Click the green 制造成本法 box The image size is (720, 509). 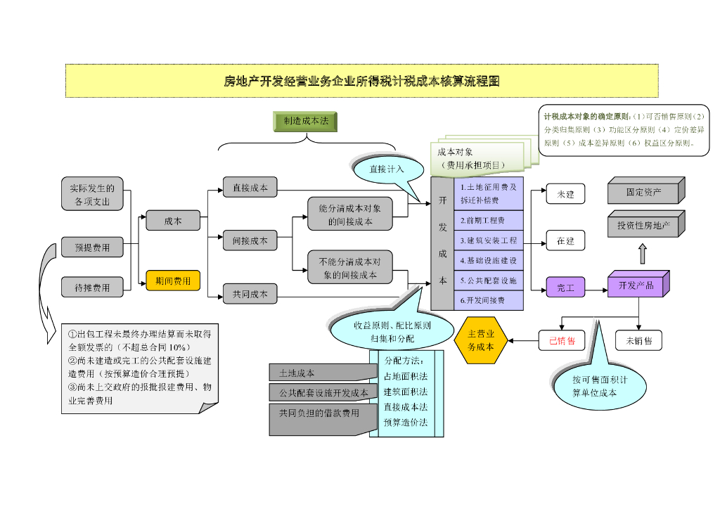click(x=305, y=122)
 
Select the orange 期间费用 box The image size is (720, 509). click(x=172, y=281)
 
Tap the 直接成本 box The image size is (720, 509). click(x=250, y=188)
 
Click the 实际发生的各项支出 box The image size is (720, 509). click(x=92, y=195)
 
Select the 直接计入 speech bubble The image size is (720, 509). click(x=386, y=169)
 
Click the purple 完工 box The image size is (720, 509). click(x=565, y=288)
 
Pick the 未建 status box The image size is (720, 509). click(x=565, y=194)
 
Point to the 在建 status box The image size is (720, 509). click(x=565, y=241)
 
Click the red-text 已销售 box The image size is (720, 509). click(x=562, y=341)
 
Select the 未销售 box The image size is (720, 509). click(x=638, y=341)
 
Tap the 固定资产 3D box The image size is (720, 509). click(x=644, y=192)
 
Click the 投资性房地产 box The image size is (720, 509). click(x=644, y=225)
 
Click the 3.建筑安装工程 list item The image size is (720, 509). click(x=488, y=240)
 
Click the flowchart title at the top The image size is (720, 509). click(x=361, y=81)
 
